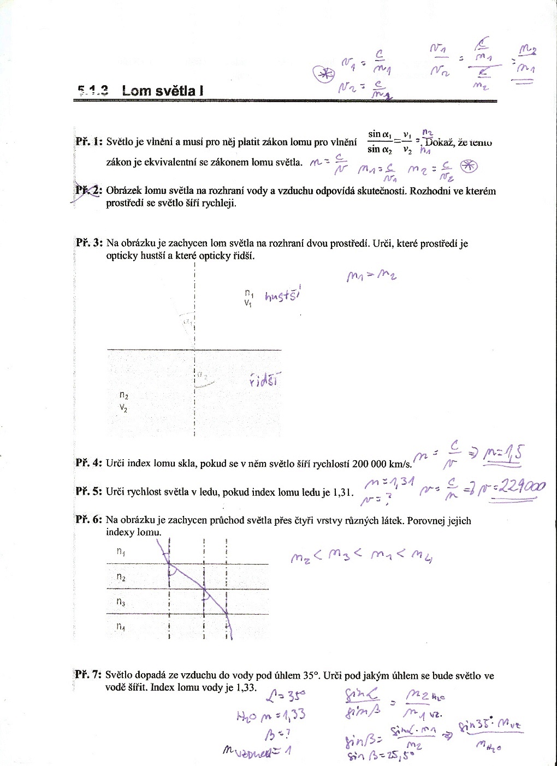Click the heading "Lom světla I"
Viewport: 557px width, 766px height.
163,90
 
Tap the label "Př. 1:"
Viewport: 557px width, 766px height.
89,142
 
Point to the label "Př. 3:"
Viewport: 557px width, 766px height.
89,243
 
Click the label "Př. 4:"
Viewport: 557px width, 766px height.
89,463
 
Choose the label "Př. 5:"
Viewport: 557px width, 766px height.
89,491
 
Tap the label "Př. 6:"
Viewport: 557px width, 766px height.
89,520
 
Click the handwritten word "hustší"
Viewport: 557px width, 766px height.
283,295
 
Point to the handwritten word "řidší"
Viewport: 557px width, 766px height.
264,381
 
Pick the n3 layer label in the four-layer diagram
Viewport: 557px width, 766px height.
121,602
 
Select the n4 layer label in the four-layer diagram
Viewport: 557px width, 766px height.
121,627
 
